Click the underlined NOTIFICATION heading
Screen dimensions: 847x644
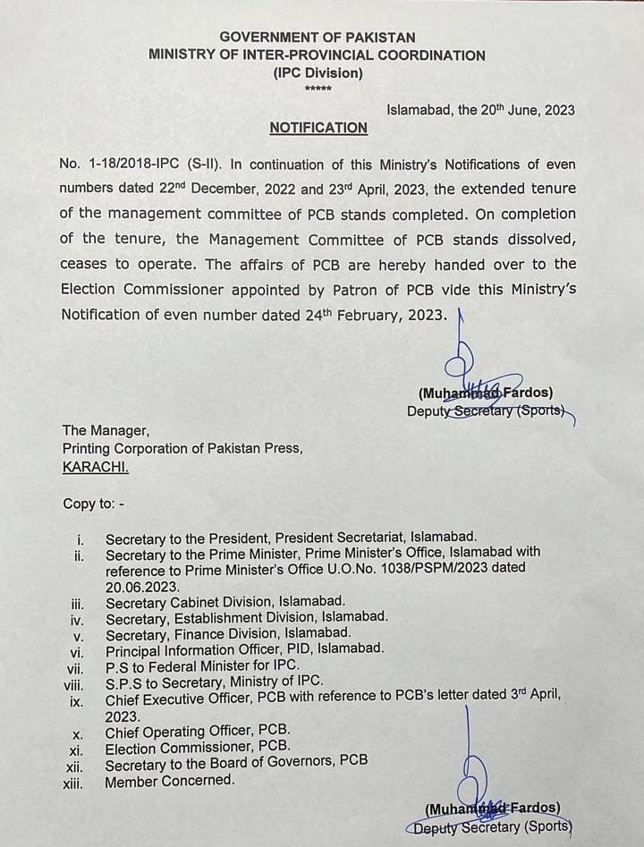tap(318, 128)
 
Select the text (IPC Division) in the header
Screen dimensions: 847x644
tap(318, 72)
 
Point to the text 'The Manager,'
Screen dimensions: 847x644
tap(100, 431)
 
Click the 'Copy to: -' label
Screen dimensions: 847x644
tap(93, 504)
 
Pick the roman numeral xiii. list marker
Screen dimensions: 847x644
tap(73, 783)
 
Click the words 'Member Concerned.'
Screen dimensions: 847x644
tap(170, 781)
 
